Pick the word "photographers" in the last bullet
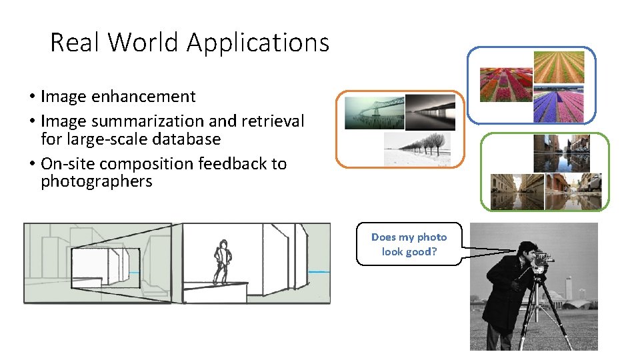(97, 182)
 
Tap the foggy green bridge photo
(374, 112)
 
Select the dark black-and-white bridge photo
(430, 112)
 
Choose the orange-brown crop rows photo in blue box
(559, 66)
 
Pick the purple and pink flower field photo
(559, 105)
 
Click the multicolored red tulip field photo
(506, 85)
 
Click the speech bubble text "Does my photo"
(409, 237)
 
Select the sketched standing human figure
(221, 261)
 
